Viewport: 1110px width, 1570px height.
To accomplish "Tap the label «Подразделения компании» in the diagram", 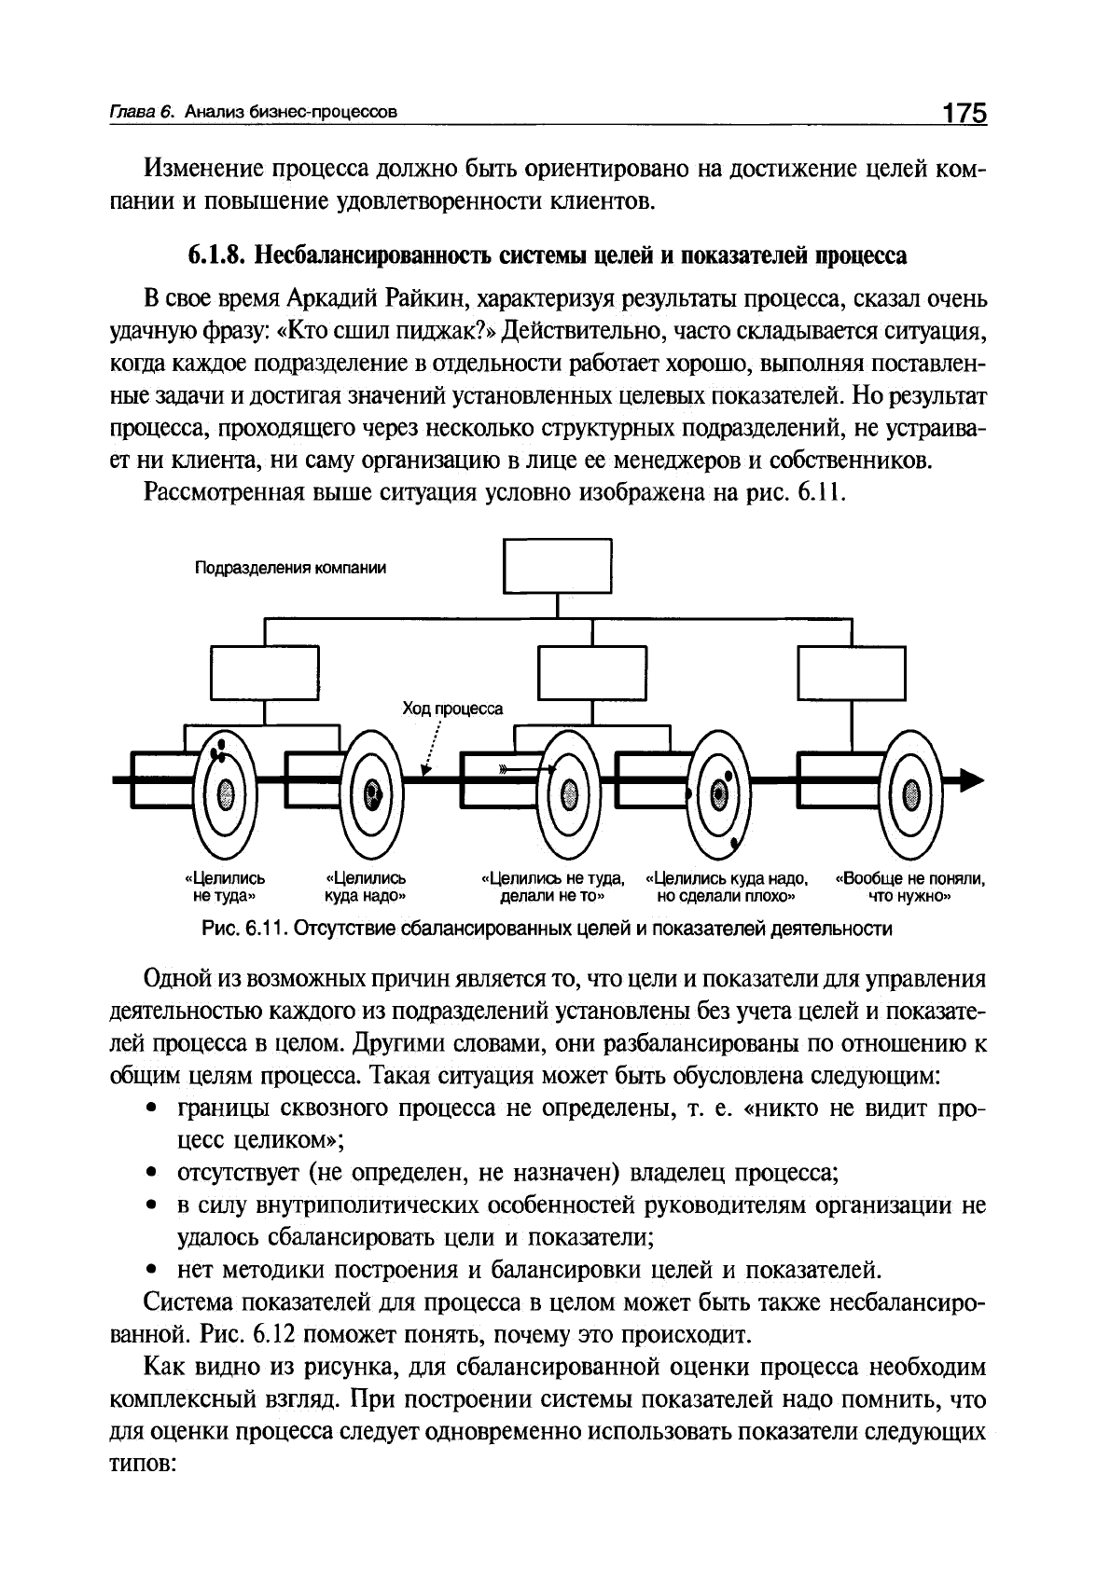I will tap(290, 568).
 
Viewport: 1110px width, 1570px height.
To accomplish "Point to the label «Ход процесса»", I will tap(452, 709).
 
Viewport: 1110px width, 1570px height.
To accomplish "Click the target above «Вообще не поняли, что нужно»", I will tap(911, 794).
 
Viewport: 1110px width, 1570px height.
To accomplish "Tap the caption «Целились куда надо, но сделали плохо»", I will tap(727, 887).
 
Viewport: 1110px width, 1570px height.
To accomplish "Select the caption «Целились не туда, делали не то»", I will tap(553, 887).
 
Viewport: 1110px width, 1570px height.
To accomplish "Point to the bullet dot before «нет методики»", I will tap(151, 1269).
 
